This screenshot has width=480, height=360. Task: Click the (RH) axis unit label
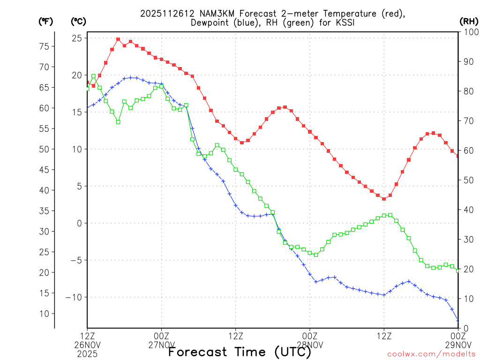point(469,21)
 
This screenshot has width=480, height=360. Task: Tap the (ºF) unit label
point(45,21)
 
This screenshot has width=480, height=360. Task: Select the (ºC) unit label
point(78,21)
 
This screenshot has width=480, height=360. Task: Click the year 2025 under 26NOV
point(87,354)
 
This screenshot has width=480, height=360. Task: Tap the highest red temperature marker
point(118,39)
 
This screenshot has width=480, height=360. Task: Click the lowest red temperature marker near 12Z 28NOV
point(384,199)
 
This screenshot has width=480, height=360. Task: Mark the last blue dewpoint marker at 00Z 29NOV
point(458,321)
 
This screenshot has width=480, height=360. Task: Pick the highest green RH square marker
point(93,76)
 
